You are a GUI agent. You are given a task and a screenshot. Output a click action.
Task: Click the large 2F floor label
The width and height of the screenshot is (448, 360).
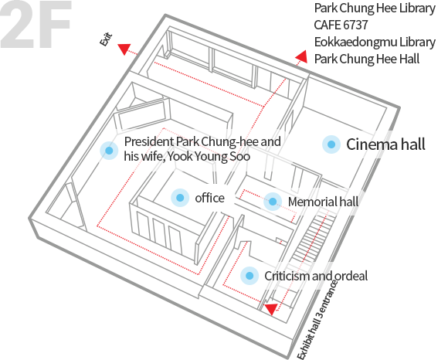pyautogui.click(x=35, y=24)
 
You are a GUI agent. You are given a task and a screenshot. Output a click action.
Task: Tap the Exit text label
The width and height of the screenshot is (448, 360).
pyautogui.click(x=106, y=39)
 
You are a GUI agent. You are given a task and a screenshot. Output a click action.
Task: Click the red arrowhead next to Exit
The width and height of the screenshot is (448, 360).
pyautogui.click(x=124, y=49)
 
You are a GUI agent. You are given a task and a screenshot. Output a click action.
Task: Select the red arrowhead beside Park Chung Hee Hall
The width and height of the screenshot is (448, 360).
pyautogui.click(x=301, y=56)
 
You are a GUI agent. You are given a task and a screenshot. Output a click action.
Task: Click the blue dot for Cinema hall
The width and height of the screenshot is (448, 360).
pyautogui.click(x=331, y=144)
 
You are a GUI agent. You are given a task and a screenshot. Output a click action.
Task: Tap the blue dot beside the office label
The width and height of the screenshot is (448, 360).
pyautogui.click(x=180, y=198)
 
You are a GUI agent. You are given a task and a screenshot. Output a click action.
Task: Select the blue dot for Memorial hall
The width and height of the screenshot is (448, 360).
pyautogui.click(x=273, y=202)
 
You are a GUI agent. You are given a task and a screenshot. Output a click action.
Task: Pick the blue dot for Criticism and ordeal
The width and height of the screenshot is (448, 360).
pyautogui.click(x=249, y=276)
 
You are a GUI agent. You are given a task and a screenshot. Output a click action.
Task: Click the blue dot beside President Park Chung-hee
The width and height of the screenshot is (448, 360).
pyautogui.click(x=109, y=151)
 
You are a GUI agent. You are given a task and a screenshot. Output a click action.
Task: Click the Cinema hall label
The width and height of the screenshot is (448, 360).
pyautogui.click(x=385, y=144)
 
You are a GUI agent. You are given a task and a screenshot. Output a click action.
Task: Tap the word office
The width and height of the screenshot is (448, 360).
pyautogui.click(x=210, y=198)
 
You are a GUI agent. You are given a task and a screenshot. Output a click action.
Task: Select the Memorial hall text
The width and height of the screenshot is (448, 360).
pyautogui.click(x=323, y=202)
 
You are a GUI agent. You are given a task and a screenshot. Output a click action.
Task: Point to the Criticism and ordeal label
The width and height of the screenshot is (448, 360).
pyautogui.click(x=316, y=276)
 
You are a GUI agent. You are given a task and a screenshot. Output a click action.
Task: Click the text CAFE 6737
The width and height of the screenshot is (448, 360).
pyautogui.click(x=341, y=25)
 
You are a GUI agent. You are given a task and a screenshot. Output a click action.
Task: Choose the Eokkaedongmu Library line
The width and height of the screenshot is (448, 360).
pyautogui.click(x=375, y=42)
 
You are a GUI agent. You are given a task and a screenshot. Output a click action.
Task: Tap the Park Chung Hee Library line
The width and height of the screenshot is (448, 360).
pyautogui.click(x=375, y=8)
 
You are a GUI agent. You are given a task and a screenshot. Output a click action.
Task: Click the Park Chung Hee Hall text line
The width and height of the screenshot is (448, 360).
pyautogui.click(x=367, y=59)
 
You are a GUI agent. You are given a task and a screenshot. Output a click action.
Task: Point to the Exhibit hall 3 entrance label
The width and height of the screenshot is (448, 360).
pyautogui.click(x=317, y=319)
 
